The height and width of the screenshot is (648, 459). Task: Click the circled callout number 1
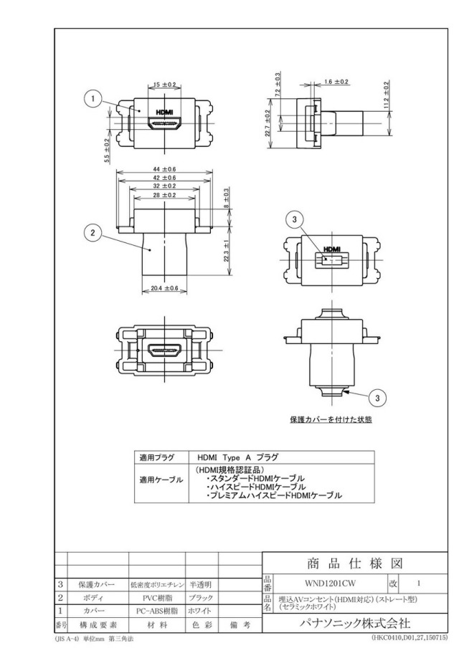point(93,98)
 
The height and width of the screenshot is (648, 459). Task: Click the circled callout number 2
point(93,233)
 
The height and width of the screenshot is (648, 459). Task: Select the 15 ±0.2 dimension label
point(164,85)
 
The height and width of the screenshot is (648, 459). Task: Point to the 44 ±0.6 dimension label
point(164,169)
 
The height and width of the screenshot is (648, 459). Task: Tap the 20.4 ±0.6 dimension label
point(164,288)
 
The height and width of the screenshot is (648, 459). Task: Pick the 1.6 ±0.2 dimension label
point(336,82)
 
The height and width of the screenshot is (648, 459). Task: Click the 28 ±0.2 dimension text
point(164,195)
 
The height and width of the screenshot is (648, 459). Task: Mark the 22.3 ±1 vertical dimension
point(226,251)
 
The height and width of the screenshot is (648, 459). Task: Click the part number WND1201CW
point(330,583)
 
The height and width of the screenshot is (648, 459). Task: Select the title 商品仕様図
point(355,563)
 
